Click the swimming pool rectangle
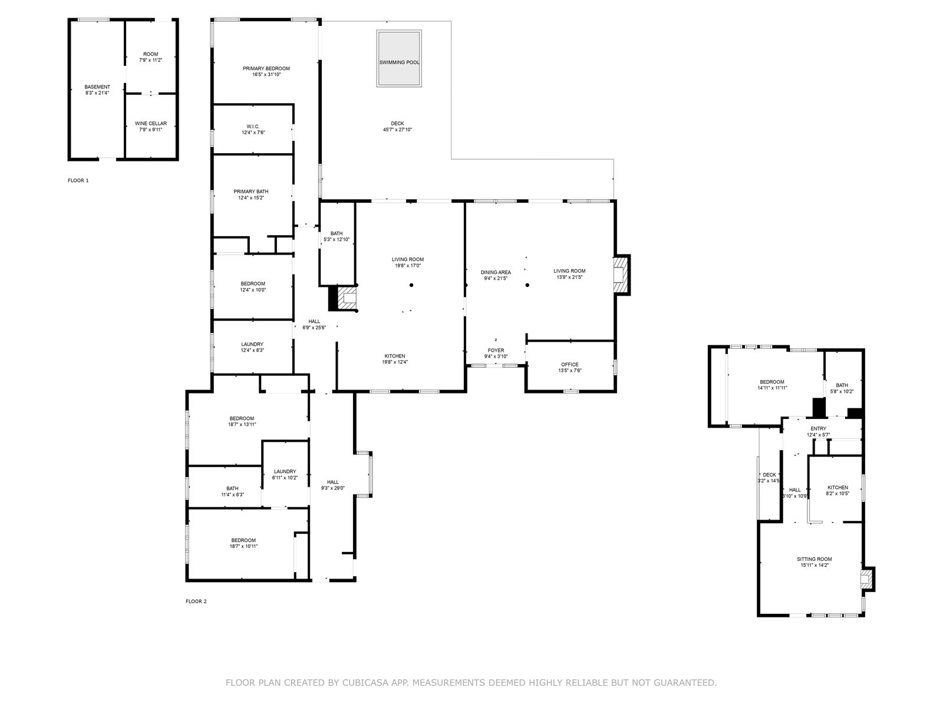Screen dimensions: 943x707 [x=398, y=58]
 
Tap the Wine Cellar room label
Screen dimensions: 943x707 [x=151, y=123]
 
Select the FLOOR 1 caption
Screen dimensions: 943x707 [x=78, y=180]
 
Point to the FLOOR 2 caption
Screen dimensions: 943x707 [x=196, y=601]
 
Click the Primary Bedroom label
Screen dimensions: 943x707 [x=266, y=68]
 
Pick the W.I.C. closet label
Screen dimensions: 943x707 [x=253, y=127]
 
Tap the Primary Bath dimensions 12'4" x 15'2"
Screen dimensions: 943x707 [x=251, y=198]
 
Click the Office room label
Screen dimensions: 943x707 [x=570, y=365]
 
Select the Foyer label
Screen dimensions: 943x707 [x=496, y=351]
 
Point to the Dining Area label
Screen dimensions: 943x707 [x=496, y=272]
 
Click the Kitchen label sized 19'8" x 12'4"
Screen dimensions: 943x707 [x=394, y=356]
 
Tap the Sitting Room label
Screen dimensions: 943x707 [x=814, y=559]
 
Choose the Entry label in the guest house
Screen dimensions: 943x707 [x=819, y=428]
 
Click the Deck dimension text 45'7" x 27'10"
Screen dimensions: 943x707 [x=397, y=130]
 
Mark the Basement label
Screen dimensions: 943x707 [x=97, y=87]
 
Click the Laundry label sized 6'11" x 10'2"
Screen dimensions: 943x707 [x=285, y=471]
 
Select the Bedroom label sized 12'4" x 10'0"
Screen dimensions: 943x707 [x=253, y=284]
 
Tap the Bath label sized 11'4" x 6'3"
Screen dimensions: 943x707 [x=232, y=488]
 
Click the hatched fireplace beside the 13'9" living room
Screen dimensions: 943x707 [x=621, y=275]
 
